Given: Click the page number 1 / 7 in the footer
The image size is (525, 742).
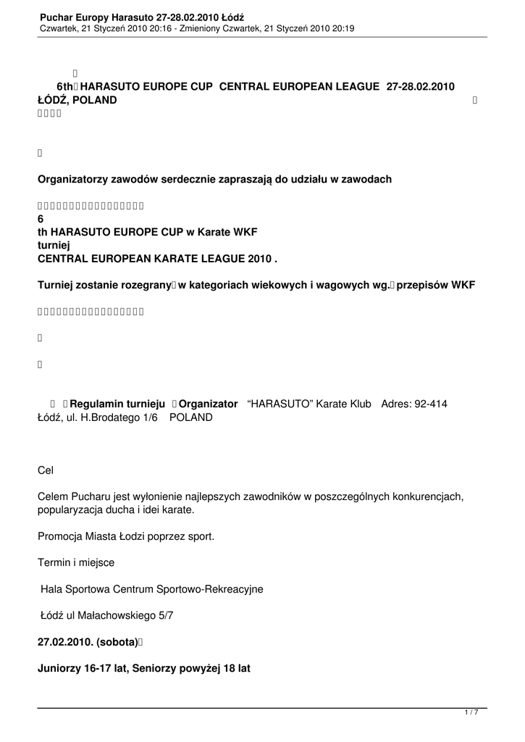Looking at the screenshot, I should (x=471, y=713).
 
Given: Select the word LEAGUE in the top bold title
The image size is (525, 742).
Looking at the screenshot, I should (x=355, y=86).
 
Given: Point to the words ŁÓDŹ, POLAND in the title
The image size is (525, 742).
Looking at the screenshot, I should (x=77, y=100).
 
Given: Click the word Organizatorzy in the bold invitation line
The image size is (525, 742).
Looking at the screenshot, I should (x=73, y=179).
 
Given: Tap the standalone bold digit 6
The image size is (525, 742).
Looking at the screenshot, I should (x=41, y=219).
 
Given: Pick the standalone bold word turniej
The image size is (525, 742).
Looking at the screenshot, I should (x=54, y=245).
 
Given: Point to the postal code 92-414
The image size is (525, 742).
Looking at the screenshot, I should (x=431, y=404).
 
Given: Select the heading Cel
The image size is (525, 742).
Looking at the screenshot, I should (x=45, y=470).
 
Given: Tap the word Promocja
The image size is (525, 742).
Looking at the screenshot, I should (x=61, y=536).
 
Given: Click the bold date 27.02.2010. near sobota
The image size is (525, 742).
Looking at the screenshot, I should (x=65, y=642).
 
